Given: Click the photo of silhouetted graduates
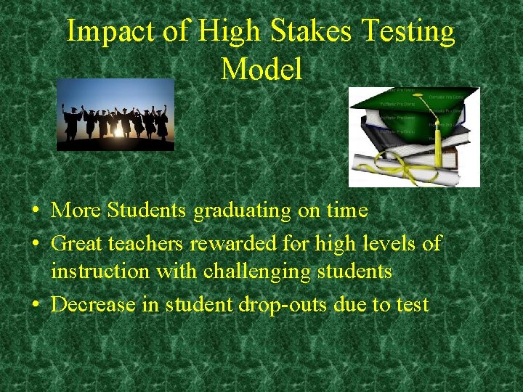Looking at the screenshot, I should tap(115, 115).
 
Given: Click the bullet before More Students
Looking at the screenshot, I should tap(36, 211).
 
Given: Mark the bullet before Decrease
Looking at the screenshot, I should tap(36, 305).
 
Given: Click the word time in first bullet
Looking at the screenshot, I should tap(346, 211).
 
